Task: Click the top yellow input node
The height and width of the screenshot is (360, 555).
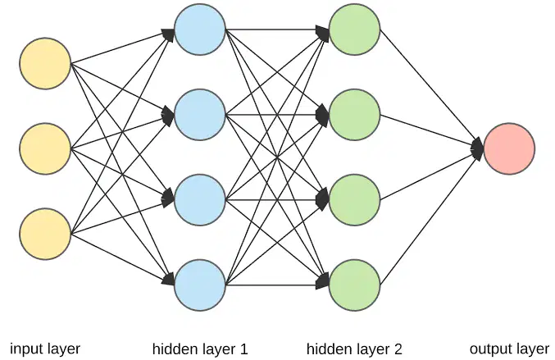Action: [45, 63]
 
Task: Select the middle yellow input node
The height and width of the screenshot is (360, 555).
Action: [45, 148]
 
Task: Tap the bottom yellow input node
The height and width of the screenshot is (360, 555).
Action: [45, 234]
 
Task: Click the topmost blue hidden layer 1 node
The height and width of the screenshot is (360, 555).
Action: [200, 30]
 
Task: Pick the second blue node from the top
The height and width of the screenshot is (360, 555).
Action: [200, 115]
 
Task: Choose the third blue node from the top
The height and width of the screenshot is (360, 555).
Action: [200, 200]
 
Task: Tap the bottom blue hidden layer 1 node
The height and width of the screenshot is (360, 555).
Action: [200, 285]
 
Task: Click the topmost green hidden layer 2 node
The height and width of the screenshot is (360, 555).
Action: [355, 30]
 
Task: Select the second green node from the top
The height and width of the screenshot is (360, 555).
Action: [355, 115]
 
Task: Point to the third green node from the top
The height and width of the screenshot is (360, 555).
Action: [355, 200]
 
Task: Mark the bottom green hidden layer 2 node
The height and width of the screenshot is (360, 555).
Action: [355, 285]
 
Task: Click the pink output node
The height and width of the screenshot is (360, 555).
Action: [509, 148]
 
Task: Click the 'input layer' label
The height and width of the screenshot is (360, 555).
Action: [45, 349]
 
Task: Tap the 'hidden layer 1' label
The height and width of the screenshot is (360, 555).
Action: [200, 349]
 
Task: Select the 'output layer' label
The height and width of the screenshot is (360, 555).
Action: [509, 349]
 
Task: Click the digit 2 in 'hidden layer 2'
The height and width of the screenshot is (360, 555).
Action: [398, 349]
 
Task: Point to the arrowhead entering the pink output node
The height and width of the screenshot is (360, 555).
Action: [478, 148]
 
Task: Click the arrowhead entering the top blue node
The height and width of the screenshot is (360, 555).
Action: [169, 34]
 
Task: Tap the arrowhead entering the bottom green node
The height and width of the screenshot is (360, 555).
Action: [323, 280]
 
